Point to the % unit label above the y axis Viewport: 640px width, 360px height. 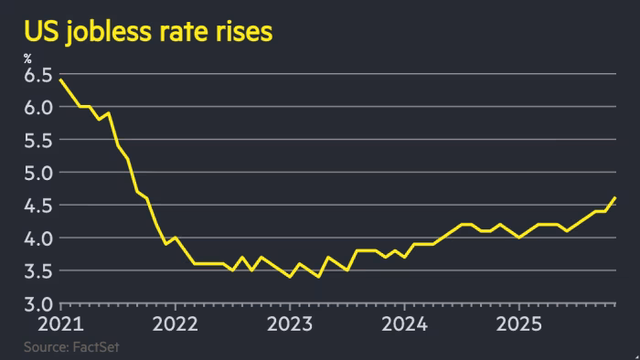27,59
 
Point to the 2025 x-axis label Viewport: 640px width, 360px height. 518,323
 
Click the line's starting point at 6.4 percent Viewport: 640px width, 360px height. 60,80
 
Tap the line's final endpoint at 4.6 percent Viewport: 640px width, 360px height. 615,198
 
